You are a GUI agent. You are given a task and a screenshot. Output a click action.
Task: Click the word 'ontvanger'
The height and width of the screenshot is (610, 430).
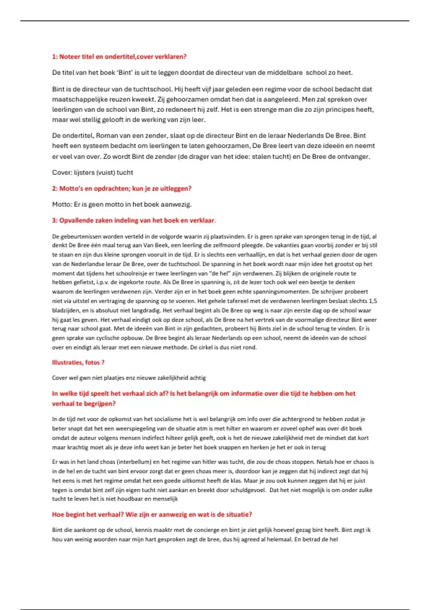(x=354, y=156)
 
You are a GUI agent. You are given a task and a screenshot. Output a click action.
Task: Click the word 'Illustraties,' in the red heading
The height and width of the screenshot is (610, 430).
(x=67, y=362)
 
